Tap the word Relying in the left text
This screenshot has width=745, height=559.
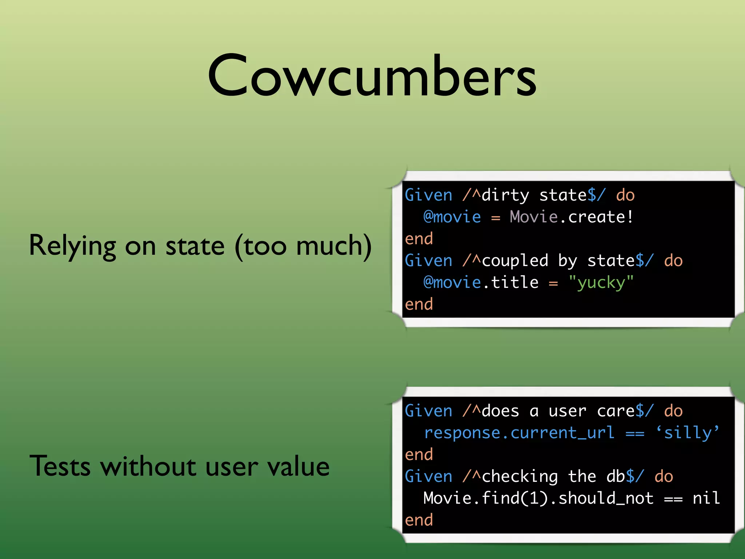[x=72, y=246]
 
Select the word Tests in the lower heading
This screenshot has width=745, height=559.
[x=60, y=466]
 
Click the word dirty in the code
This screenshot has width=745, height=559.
[x=505, y=196]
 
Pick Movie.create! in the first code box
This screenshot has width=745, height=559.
[x=571, y=217]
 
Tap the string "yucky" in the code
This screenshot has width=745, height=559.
[x=601, y=283]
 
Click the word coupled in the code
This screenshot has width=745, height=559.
[x=515, y=261]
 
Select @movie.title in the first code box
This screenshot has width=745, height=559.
[x=481, y=283]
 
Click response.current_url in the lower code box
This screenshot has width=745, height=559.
[x=519, y=433]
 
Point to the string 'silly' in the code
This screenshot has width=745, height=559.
[x=688, y=433]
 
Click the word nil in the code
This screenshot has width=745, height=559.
[x=706, y=498]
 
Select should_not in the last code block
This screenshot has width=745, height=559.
[x=606, y=498]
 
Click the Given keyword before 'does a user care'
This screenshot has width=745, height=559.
[x=428, y=411]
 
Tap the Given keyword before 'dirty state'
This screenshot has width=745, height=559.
[x=428, y=195]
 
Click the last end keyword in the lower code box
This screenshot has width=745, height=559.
[x=419, y=520]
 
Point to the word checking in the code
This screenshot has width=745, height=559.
[x=519, y=477]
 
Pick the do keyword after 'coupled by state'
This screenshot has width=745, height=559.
[x=673, y=261]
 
